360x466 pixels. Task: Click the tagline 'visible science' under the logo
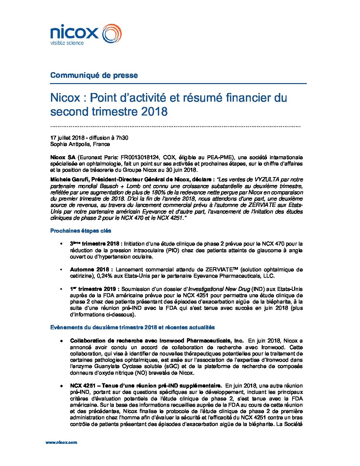(67, 43)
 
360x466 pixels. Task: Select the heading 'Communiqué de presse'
(94, 75)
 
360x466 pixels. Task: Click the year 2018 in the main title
(155, 112)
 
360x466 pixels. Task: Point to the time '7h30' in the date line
(122, 138)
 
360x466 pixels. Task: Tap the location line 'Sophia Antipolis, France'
(80, 144)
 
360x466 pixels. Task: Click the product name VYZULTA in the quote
(267, 179)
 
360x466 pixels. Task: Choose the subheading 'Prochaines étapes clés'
(81, 231)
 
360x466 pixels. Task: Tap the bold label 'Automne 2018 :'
(91, 269)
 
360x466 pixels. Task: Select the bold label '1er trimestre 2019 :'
(96, 289)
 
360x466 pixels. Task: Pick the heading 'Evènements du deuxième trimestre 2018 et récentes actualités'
(132, 327)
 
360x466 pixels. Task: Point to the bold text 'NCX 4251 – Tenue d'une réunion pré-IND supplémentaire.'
(146, 386)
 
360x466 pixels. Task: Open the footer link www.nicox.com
(61, 442)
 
